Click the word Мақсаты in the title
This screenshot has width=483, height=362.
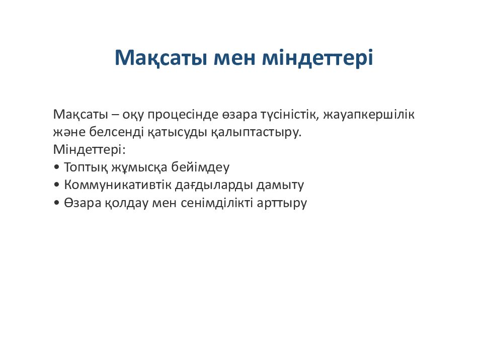tap(160, 58)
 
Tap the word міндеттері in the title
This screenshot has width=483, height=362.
tap(317, 57)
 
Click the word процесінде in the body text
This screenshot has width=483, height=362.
tap(183, 115)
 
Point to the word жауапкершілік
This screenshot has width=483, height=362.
tap(369, 115)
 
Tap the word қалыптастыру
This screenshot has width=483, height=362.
tap(256, 133)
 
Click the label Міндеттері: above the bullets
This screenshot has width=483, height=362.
tap(90, 150)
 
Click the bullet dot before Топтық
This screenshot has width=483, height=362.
tap(56, 167)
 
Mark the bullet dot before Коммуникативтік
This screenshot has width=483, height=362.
tap(56, 185)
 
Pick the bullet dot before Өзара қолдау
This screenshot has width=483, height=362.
tap(56, 203)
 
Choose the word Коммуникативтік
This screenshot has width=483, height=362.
tap(118, 185)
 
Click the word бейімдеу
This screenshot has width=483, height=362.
tap(200, 167)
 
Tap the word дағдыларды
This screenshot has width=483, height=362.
tap(214, 186)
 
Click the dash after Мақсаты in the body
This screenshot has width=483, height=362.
tap(115, 115)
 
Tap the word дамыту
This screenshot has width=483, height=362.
tap(280, 186)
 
